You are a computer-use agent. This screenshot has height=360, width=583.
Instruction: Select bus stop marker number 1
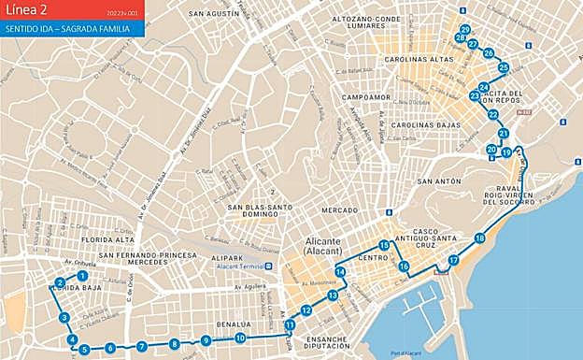coord(82,276)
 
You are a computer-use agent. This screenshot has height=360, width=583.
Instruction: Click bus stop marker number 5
coord(84,350)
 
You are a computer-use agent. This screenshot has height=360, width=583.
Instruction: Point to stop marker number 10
coord(240,338)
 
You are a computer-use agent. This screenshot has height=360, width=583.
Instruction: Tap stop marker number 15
coord(384,245)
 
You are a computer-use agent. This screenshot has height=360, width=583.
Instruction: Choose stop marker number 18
coord(479,238)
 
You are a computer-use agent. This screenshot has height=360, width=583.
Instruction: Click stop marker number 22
coord(492,115)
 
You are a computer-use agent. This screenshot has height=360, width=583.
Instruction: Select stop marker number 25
coord(504,67)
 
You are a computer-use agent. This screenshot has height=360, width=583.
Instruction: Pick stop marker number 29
coord(465,30)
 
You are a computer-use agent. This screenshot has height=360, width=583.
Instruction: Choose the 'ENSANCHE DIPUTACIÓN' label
coord(321,343)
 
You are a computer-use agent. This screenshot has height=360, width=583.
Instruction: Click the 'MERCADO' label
coord(339,210)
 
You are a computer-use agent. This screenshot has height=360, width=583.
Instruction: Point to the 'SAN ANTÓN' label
coord(439,180)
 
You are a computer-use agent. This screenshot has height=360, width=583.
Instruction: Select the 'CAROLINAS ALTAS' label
coord(418,59)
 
